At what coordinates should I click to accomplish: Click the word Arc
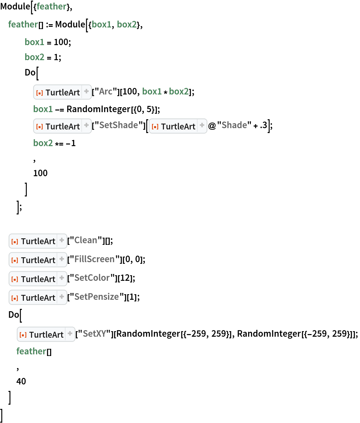tap(106, 92)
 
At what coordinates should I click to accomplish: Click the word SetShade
tap(118, 125)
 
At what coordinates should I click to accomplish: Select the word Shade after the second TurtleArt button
tap(234, 125)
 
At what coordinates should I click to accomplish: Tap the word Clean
tap(85, 240)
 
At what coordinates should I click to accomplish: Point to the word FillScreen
tap(94, 259)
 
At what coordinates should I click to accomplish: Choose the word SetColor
tap(92, 278)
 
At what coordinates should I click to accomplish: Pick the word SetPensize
tap(97, 297)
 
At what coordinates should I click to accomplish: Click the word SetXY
tap(94, 334)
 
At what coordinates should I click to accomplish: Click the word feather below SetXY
tap(31, 351)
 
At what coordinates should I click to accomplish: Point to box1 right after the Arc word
tap(152, 92)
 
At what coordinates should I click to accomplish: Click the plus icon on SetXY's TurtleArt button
tap(70, 334)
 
